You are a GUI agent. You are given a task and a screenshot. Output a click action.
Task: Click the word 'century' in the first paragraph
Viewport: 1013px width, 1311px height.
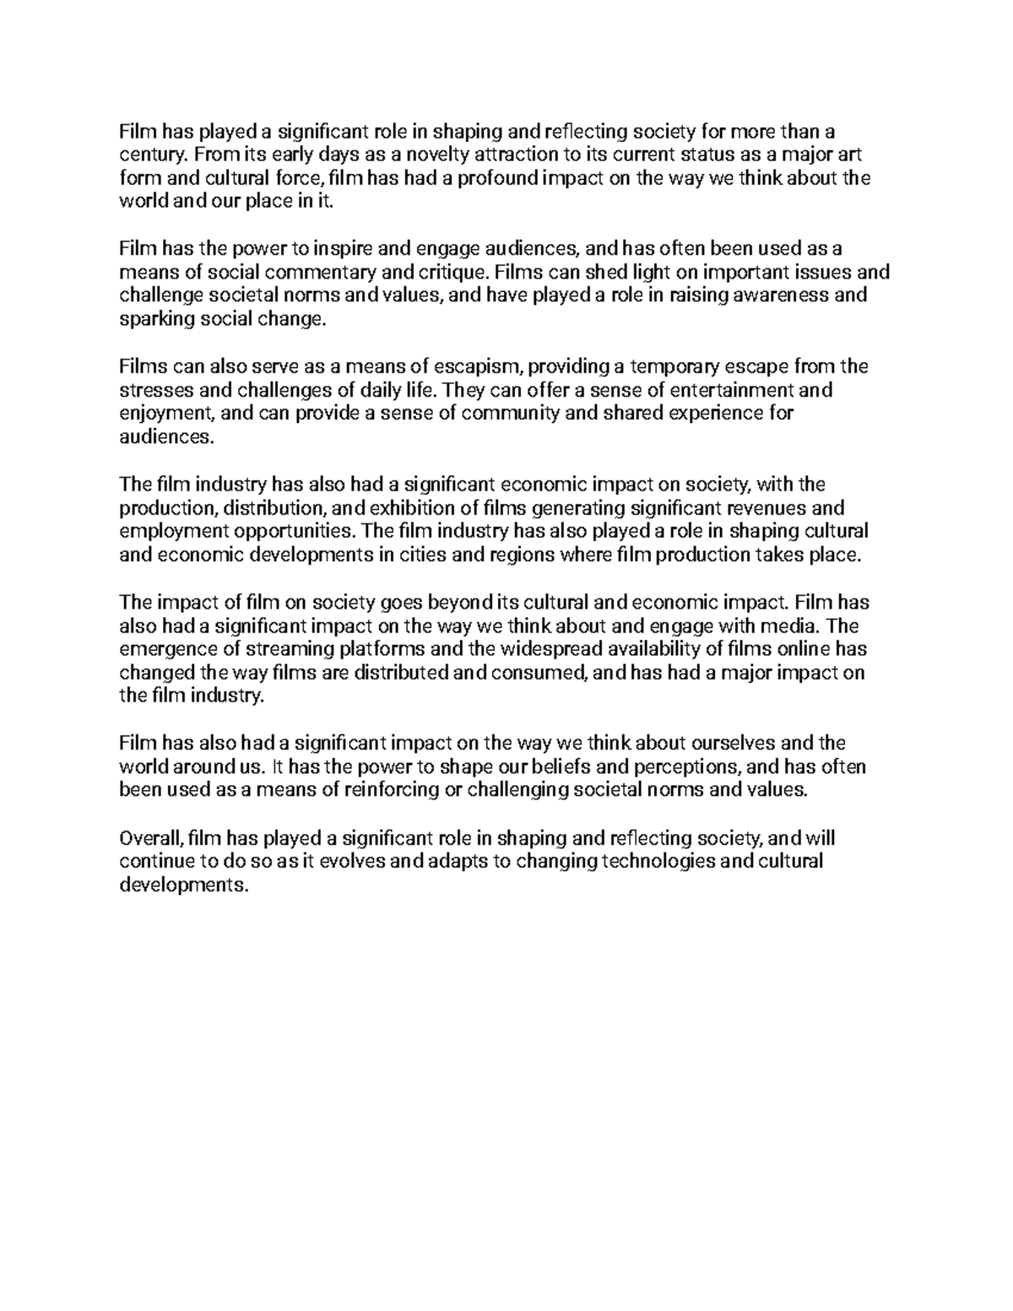click(x=147, y=155)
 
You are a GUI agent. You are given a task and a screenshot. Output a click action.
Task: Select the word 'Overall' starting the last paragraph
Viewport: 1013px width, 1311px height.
click(x=150, y=838)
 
